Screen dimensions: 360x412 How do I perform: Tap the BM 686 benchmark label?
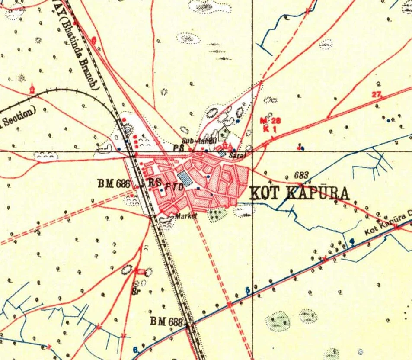pyautogui.click(x=114, y=183)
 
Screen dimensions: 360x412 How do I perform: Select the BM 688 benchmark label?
pyautogui.click(x=166, y=321)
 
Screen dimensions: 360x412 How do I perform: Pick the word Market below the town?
pyautogui.click(x=186, y=215)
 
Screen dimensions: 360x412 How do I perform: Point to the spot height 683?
pyautogui.click(x=301, y=175)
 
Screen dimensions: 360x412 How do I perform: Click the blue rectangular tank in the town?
pyautogui.click(x=185, y=178)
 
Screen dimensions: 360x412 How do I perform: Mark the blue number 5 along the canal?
pyautogui.click(x=248, y=290)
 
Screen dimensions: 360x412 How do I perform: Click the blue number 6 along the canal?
pyautogui.click(x=135, y=350)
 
